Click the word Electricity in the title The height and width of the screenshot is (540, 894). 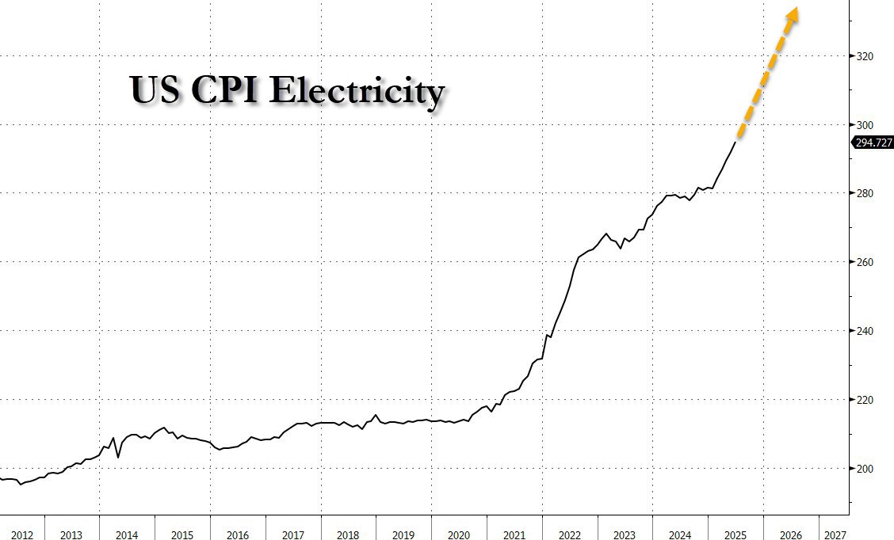(356, 91)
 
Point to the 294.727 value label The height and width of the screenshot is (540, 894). (872, 143)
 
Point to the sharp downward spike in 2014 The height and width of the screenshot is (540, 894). (118, 457)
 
